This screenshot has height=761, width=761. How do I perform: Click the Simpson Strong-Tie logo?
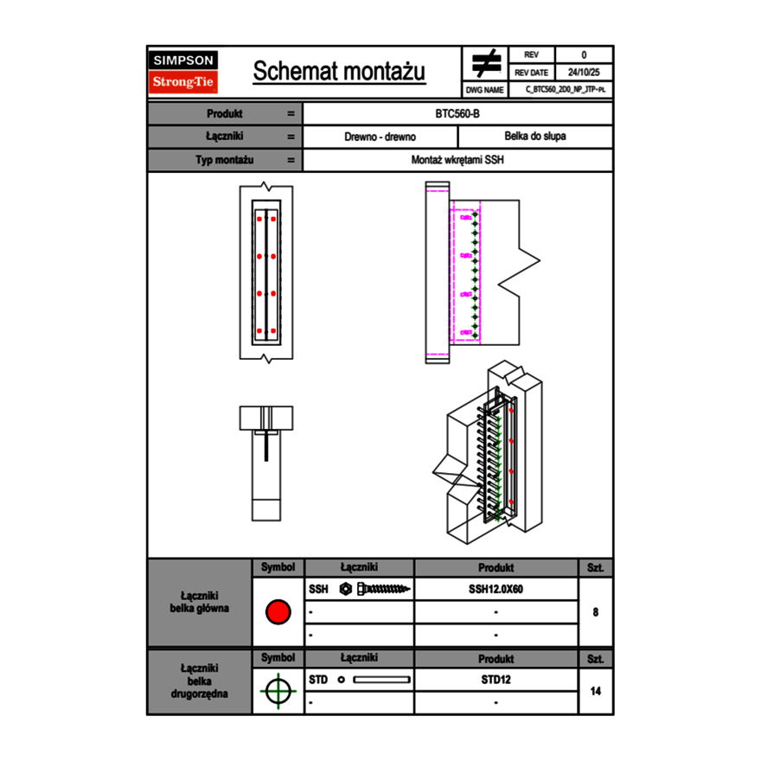click(184, 72)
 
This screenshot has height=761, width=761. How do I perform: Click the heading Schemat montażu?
click(339, 72)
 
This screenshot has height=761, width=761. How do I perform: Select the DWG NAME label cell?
click(484, 89)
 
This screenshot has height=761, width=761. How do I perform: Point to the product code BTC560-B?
click(457, 114)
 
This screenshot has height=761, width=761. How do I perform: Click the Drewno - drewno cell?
click(380, 137)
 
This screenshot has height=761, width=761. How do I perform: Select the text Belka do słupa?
click(534, 137)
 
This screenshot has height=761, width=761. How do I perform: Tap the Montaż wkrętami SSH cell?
click(457, 160)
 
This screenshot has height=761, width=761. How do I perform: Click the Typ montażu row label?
click(224, 160)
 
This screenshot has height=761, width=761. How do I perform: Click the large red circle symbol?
click(278, 612)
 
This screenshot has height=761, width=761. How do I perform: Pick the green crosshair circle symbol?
click(277, 691)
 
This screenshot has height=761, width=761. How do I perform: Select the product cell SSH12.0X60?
click(496, 589)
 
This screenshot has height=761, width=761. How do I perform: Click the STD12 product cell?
click(496, 680)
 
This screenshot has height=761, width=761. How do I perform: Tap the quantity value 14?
click(595, 691)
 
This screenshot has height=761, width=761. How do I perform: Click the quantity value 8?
click(595, 612)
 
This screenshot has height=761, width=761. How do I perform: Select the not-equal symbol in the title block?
click(486, 64)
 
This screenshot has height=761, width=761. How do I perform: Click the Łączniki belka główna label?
click(200, 602)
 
